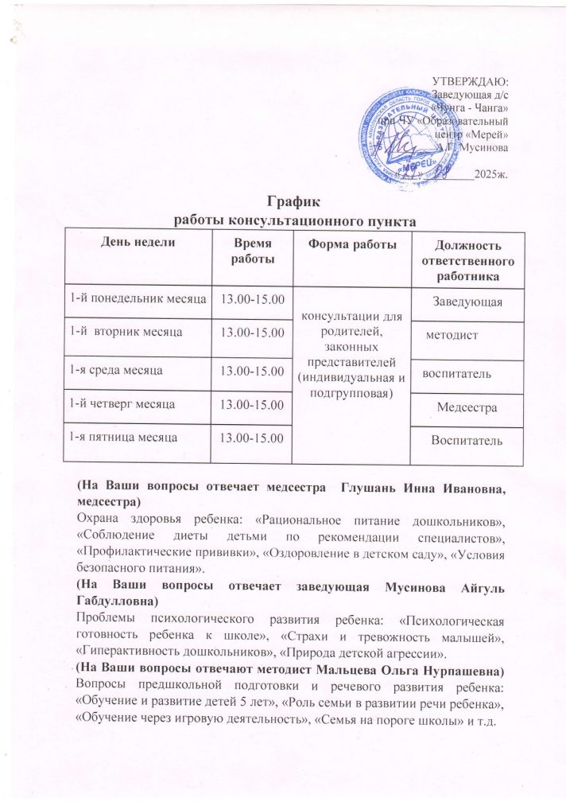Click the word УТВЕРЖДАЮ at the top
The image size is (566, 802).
click(469, 80)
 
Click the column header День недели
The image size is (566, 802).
click(135, 242)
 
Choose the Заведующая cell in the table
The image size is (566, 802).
click(467, 301)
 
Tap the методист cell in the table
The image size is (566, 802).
click(452, 336)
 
